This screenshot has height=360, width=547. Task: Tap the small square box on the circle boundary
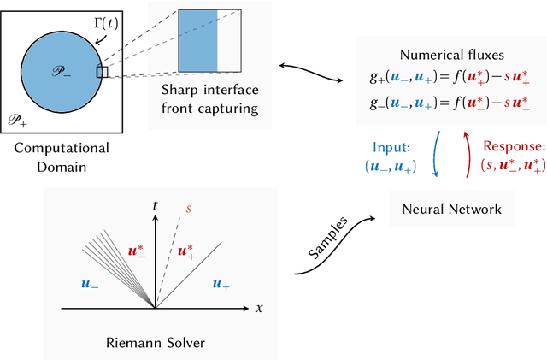click(103, 72)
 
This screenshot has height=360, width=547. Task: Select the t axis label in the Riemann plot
click(155, 206)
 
